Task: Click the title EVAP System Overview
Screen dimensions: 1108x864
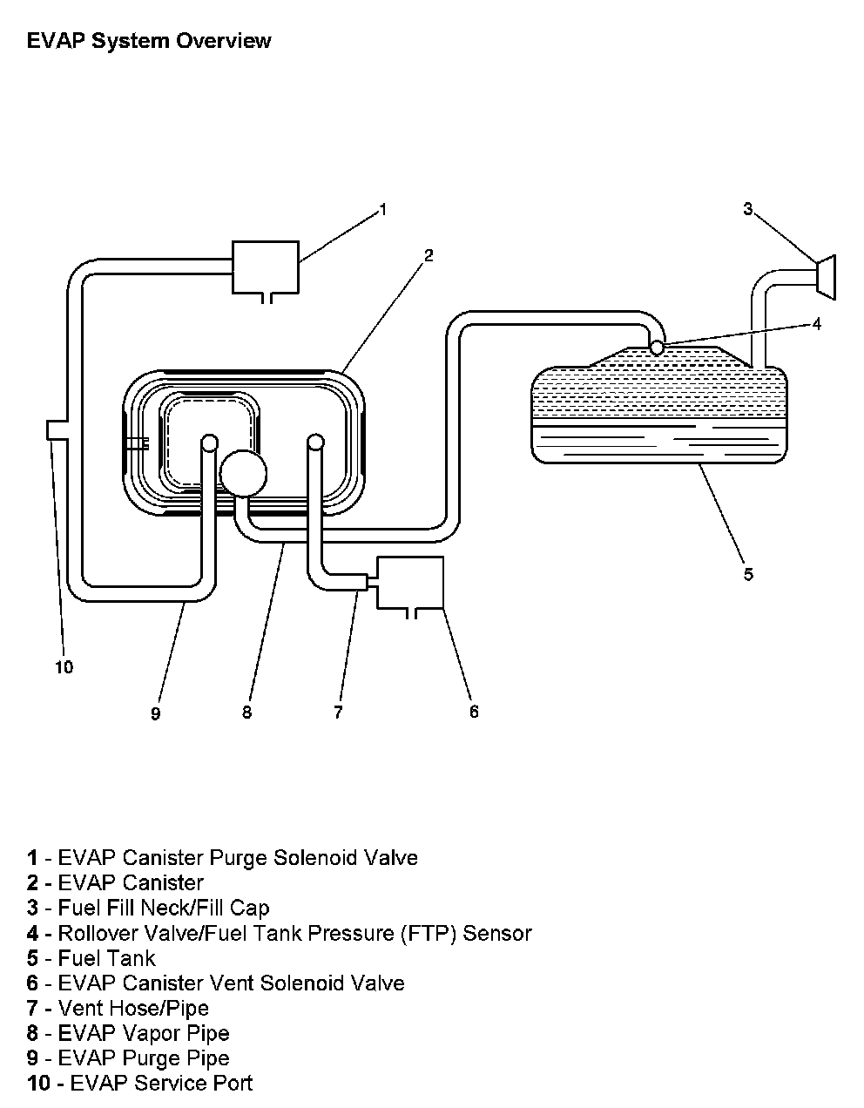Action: click(149, 41)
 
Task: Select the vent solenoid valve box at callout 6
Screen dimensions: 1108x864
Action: click(409, 582)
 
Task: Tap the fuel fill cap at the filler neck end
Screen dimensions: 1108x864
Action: click(826, 277)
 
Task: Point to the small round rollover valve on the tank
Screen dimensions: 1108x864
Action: click(658, 348)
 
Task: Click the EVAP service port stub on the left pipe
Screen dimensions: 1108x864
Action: click(55, 429)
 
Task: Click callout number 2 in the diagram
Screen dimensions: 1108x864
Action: click(429, 255)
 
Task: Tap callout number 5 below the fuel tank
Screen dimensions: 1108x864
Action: click(748, 574)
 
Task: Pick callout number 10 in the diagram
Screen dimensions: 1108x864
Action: click(64, 667)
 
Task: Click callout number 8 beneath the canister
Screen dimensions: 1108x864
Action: click(247, 713)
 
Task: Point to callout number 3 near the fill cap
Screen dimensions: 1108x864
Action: click(747, 208)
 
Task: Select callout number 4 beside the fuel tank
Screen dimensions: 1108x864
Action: click(816, 324)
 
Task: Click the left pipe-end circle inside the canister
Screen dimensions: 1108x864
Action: click(210, 443)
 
